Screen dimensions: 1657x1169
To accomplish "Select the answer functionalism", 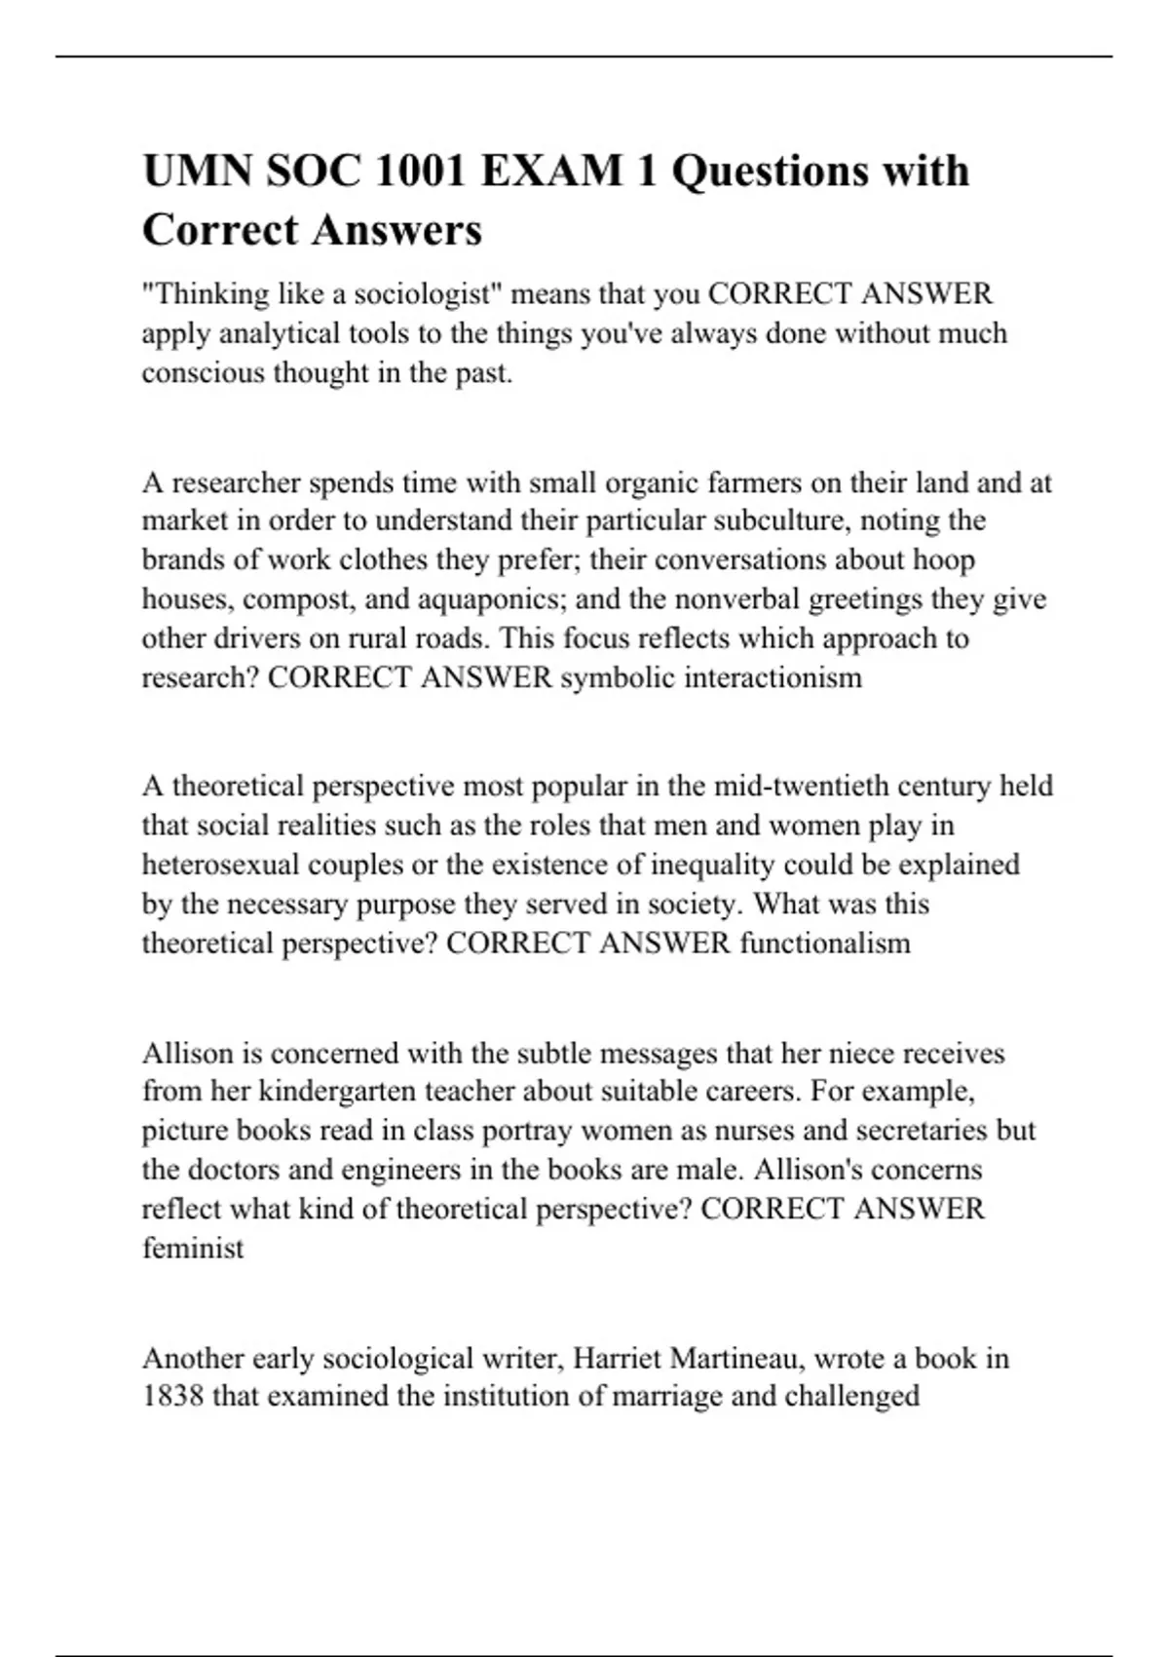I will pos(825,943).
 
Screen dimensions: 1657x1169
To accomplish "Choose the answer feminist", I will pos(193,1248).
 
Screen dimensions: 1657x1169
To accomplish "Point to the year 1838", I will pos(172,1397).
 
